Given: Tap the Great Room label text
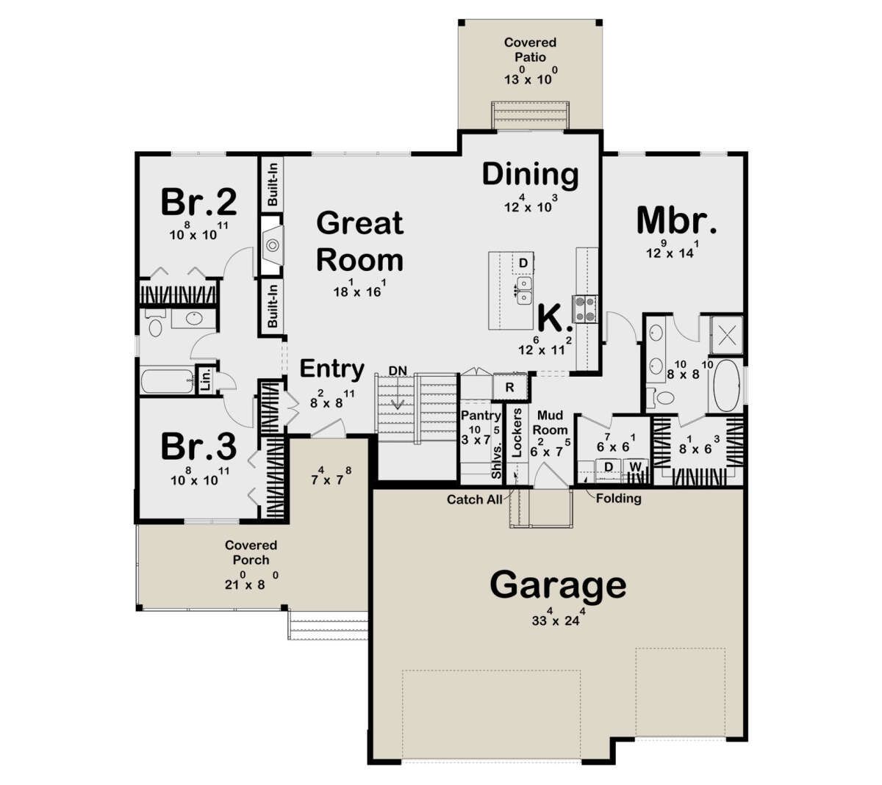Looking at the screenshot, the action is (360, 242).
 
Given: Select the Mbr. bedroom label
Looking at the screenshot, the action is (676, 221).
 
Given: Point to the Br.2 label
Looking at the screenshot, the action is (199, 202).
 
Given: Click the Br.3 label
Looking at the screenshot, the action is (199, 446).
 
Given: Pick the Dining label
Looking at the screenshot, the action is (530, 175).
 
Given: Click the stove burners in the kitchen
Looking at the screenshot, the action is (584, 308).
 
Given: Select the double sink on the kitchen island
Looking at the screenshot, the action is (524, 291).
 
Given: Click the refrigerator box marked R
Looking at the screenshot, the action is (509, 387).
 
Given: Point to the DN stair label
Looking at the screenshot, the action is (398, 371).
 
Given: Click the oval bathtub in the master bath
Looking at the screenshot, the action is (727, 385).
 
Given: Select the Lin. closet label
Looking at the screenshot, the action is (207, 379).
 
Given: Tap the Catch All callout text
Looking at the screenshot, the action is (475, 499).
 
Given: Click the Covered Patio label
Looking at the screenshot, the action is (530, 50).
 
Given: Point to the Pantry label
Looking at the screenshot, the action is (481, 416).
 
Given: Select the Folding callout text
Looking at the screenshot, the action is (619, 499).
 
